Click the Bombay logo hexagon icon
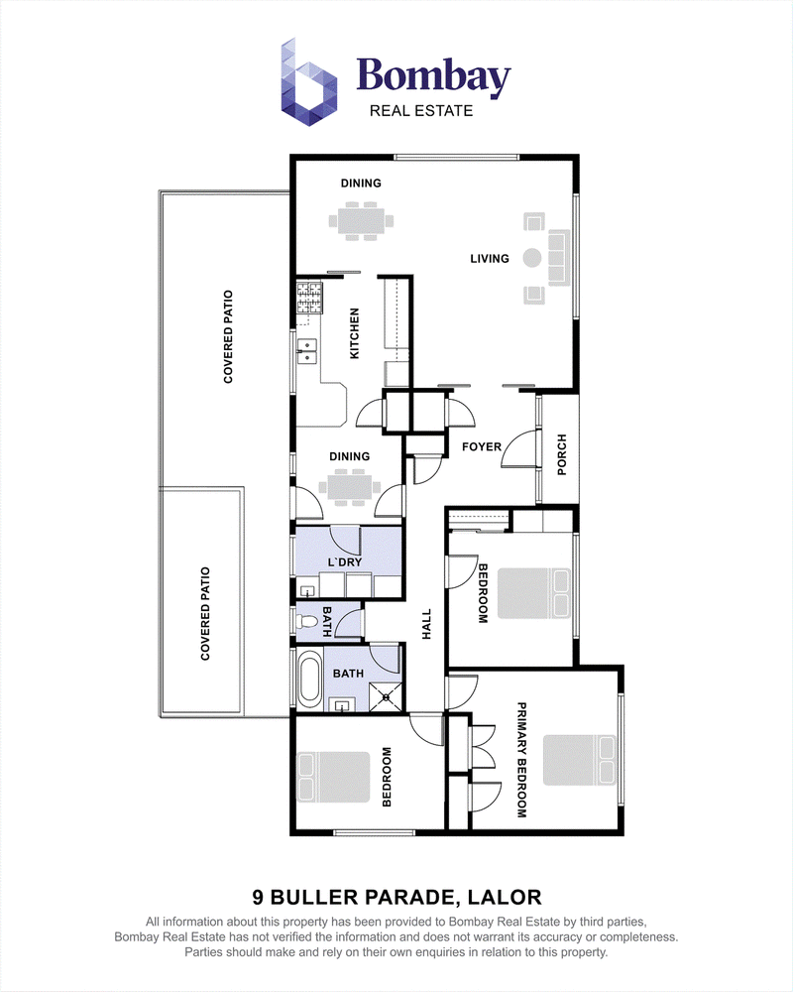tap(308, 82)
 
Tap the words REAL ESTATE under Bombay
tap(421, 111)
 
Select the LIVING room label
tap(490, 258)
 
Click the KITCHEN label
tap(354, 333)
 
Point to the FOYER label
tap(481, 446)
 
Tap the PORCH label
tap(562, 455)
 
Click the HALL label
tap(426, 624)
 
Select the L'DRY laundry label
tap(345, 561)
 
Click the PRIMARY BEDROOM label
tap(521, 760)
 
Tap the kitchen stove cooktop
tap(309, 299)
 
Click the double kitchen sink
tap(307, 352)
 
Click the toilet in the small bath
tap(306, 621)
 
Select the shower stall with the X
tap(386, 697)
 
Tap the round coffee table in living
tap(532, 258)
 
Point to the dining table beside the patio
tap(350, 487)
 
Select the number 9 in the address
tap(258, 897)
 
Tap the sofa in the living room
tap(559, 258)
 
